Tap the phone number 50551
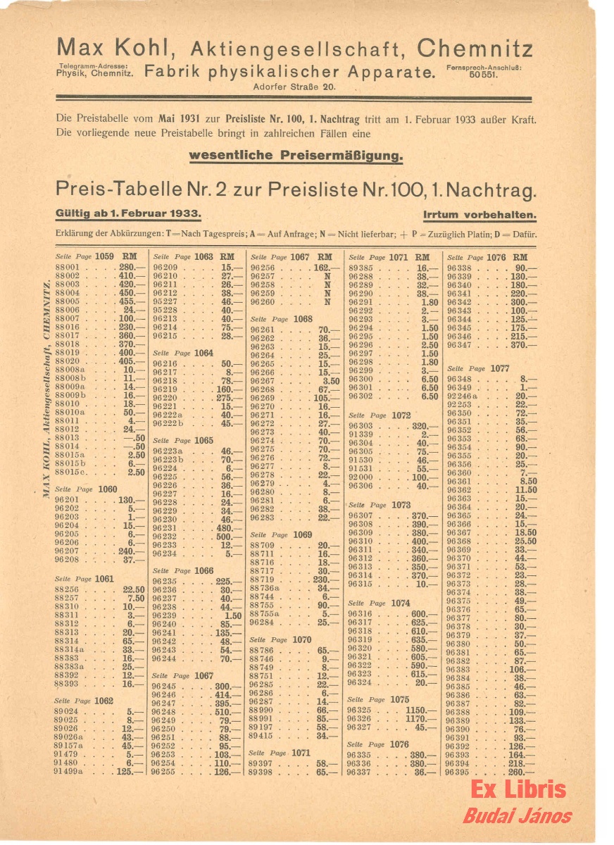484,74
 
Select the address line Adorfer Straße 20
294,87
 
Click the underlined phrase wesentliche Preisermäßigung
296,155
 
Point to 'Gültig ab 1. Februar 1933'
129,214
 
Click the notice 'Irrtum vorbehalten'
480,215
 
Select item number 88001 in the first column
68,268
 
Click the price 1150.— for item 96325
420,711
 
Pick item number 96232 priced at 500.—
165,536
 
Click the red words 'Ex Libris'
518,789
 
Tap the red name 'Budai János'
517,816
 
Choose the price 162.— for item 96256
321,268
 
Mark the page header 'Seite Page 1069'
281,535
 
